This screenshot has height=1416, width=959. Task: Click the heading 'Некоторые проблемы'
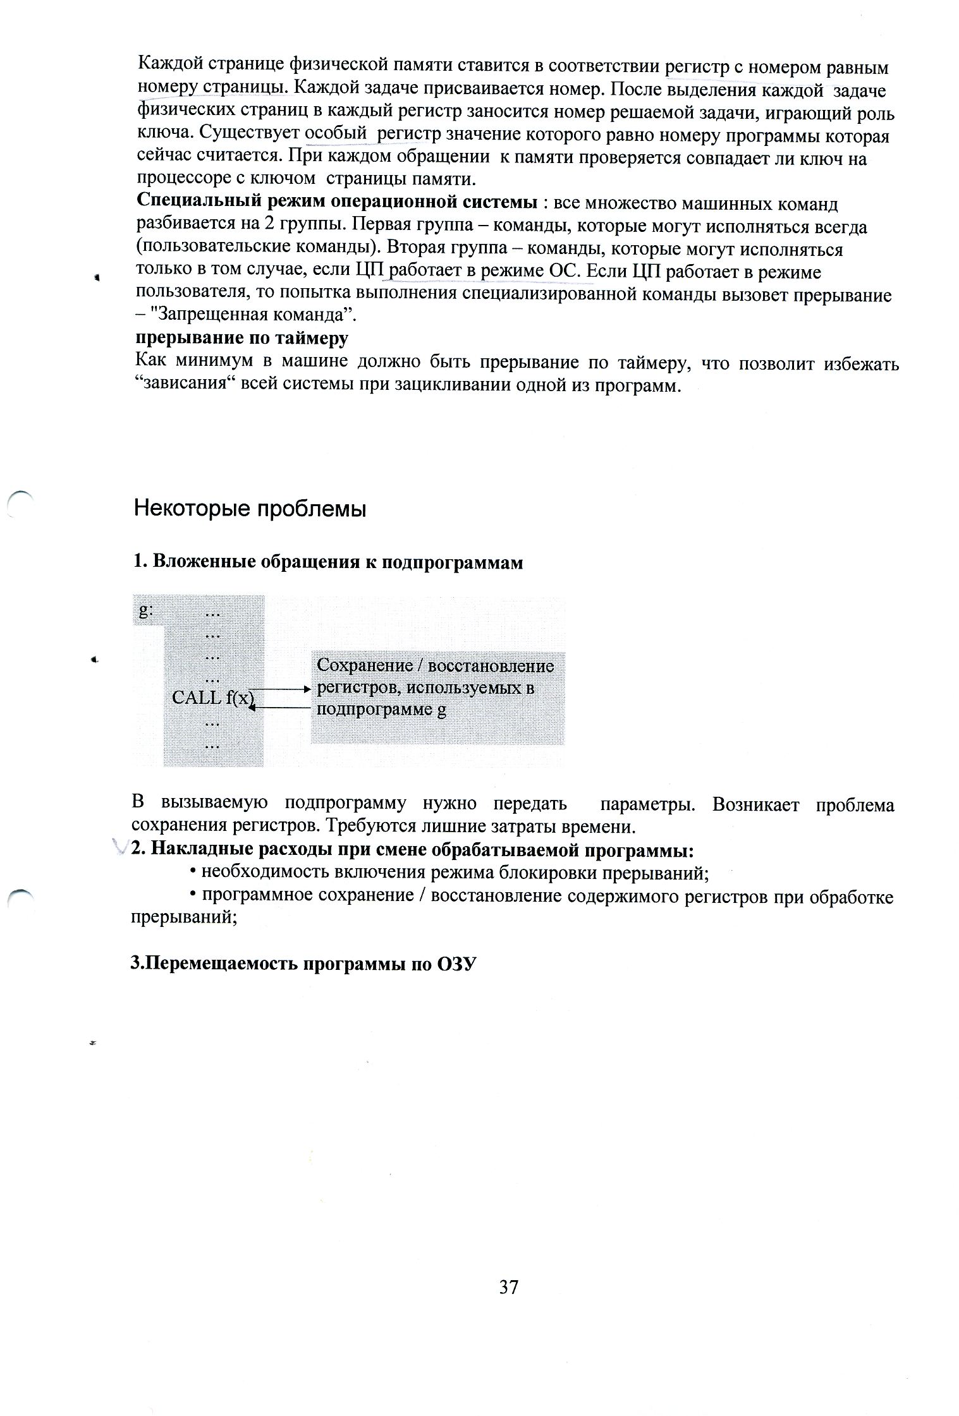250,509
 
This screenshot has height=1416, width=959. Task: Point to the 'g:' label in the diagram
146,610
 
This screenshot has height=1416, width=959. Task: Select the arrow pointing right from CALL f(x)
281,688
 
